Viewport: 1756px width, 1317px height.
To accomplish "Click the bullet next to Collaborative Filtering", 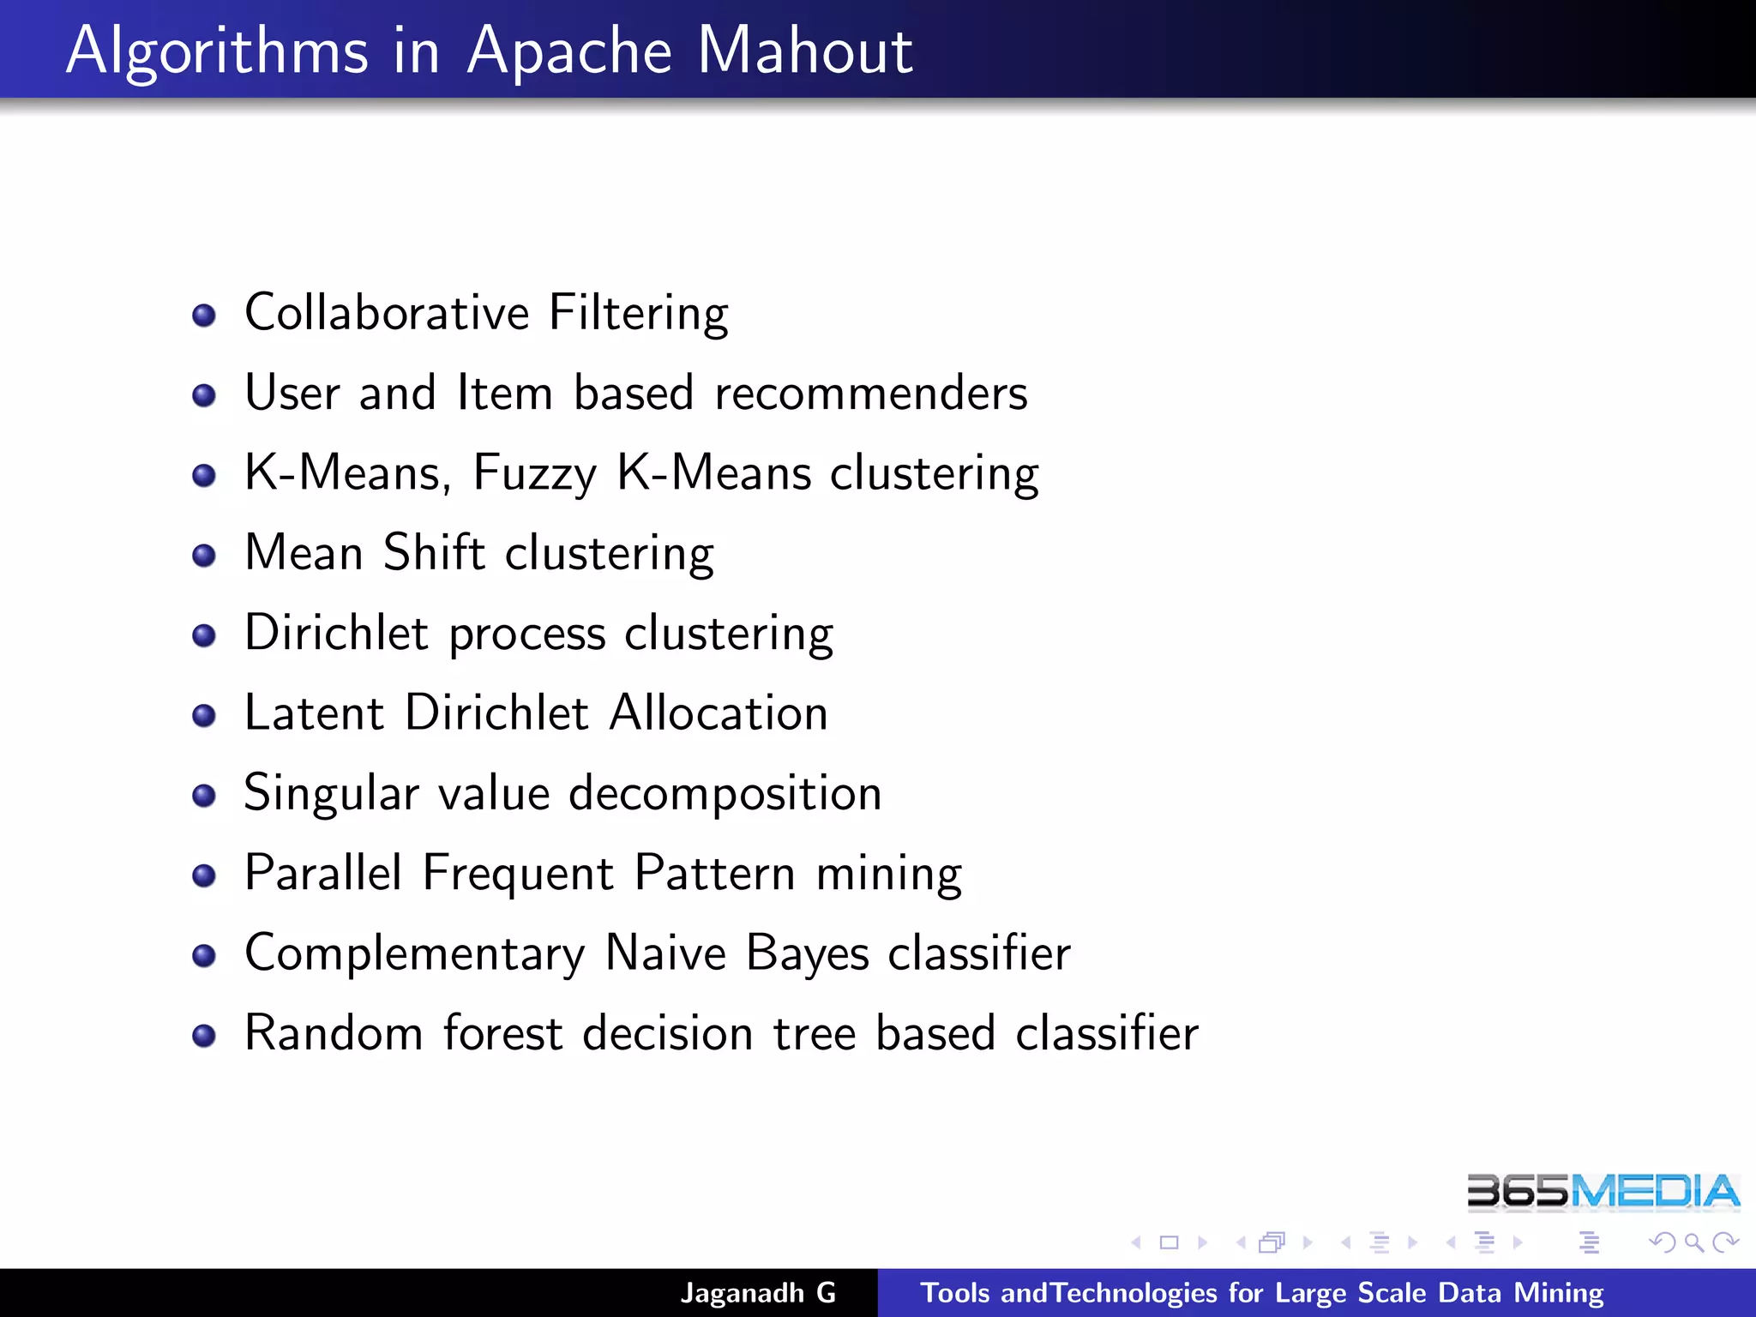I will tap(204, 316).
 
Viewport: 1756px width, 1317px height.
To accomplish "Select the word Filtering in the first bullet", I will tap(638, 314).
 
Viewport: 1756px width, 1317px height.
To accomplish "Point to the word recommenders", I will tap(870, 394).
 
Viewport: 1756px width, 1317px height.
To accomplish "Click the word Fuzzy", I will tap(534, 474).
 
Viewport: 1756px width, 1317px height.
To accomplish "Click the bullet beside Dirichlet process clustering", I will tap(204, 635).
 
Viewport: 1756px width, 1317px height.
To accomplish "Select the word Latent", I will tap(314, 713).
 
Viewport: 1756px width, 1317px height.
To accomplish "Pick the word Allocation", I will tap(719, 713).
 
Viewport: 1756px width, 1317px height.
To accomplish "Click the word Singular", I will tap(331, 794).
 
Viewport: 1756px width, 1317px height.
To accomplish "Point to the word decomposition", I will tap(725, 794).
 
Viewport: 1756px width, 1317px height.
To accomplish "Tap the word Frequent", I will tap(518, 874).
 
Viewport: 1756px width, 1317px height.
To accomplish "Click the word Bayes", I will tap(807, 954).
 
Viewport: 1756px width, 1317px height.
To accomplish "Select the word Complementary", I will tap(414, 954).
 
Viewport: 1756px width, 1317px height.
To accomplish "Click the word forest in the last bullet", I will tap(502, 1033).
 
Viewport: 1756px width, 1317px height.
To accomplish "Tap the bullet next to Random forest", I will tap(204, 1036).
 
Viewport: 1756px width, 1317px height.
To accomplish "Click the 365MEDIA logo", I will tap(1603, 1192).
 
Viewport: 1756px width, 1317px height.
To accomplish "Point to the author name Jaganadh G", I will tap(758, 1293).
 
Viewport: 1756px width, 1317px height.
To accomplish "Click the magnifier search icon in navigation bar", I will tap(1693, 1242).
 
